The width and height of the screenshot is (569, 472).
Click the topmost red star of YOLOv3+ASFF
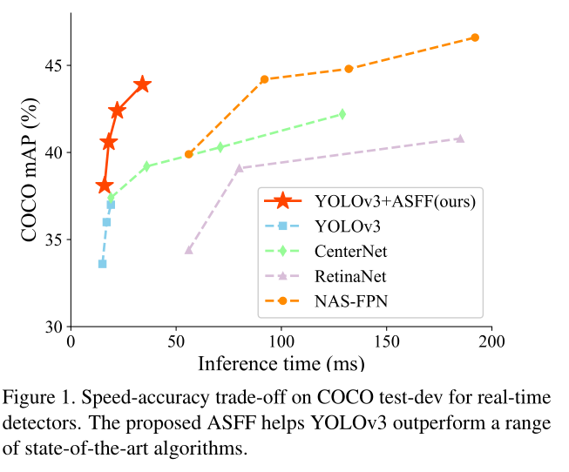click(x=142, y=84)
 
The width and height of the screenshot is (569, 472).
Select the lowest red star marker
click(x=105, y=185)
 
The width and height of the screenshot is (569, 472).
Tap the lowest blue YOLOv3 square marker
click(x=102, y=263)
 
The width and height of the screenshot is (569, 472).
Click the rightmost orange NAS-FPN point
click(x=475, y=37)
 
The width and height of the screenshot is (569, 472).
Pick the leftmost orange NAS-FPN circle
click(x=188, y=154)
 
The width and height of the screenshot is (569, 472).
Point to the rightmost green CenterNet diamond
click(x=342, y=114)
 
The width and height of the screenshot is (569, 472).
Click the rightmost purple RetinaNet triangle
click(x=460, y=138)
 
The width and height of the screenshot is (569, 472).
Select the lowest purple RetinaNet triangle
click(x=188, y=249)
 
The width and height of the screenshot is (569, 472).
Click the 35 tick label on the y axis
click(x=51, y=239)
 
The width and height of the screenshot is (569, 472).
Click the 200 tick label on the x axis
click(x=491, y=342)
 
